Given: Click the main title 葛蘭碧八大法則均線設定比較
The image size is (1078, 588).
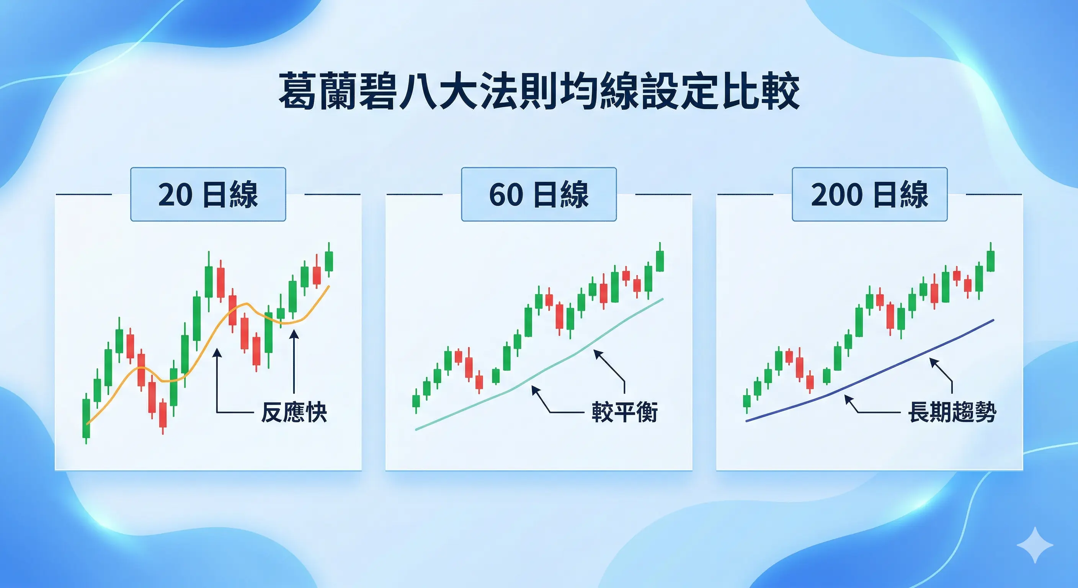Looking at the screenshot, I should point(539,91).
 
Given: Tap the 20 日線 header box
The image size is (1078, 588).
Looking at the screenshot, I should point(208,194).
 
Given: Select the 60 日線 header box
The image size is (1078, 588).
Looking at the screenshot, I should point(539,194).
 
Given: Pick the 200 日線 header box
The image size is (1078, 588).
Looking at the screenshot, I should point(870,194).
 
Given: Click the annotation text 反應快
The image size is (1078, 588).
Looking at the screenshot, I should point(294,412).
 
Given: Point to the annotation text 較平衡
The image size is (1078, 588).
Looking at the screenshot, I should point(624,412).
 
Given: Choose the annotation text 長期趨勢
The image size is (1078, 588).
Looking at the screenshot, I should point(952,412).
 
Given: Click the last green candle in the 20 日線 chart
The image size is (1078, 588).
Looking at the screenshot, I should point(329,261).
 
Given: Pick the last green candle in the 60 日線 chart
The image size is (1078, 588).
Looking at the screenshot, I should point(660,261).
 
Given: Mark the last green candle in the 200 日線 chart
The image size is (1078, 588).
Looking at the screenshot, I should point(991,261).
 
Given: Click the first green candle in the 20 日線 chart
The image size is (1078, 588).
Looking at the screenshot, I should point(86,418).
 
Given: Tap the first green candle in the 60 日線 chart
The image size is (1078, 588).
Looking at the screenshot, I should point(416,401).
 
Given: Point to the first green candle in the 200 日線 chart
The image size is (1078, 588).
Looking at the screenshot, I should point(747,401).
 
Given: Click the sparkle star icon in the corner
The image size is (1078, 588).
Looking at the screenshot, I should point(1035,545).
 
